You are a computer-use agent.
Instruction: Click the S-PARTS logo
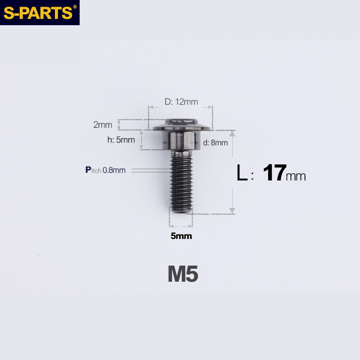pyautogui.click(x=38, y=12)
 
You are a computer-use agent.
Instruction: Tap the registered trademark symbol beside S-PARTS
pyautogui.click(x=75, y=7)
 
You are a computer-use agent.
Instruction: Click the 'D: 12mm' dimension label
pyautogui.click(x=181, y=102)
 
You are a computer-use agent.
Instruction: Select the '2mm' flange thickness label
pyautogui.click(x=102, y=125)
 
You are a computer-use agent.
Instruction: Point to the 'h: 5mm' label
pyautogui.click(x=121, y=139)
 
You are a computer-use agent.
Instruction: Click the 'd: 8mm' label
pyautogui.click(x=215, y=143)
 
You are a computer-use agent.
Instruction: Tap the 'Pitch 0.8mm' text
pyautogui.click(x=106, y=170)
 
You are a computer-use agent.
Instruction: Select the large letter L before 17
pyautogui.click(x=242, y=174)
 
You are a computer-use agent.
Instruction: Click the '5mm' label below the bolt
pyautogui.click(x=181, y=236)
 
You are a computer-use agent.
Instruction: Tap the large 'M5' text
pyautogui.click(x=183, y=274)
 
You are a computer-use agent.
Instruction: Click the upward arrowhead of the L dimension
pyautogui.click(x=232, y=133)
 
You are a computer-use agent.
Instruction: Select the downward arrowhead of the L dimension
pyautogui.click(x=232, y=210)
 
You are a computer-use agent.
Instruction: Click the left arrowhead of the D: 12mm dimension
pyautogui.click(x=151, y=107)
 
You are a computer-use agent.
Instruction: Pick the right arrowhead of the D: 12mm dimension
pyautogui.click(x=210, y=107)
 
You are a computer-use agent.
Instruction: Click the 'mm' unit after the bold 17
pyautogui.click(x=296, y=176)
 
